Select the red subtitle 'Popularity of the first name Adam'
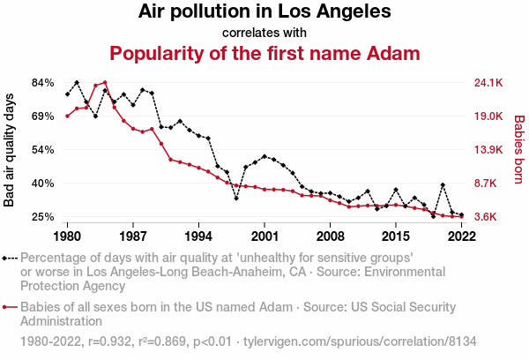(x=264, y=53)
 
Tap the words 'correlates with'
(x=264, y=34)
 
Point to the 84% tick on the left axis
(x=43, y=83)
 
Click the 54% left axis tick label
(x=43, y=150)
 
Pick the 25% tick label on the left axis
(x=43, y=217)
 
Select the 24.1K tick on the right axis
(x=488, y=83)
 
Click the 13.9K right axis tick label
(x=488, y=150)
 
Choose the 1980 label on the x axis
(x=67, y=236)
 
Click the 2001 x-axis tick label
(x=264, y=236)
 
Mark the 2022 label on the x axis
(x=462, y=236)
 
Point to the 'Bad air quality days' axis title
(x=11, y=150)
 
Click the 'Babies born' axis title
(x=518, y=150)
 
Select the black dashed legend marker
(x=10, y=259)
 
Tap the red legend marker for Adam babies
(x=10, y=308)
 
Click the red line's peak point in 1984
(x=105, y=83)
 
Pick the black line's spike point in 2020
(x=443, y=185)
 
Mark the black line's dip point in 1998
(x=236, y=199)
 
